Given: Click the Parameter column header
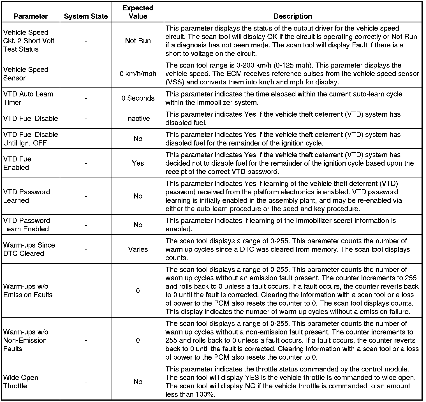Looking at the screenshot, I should tap(31, 16).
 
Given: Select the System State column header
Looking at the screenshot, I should tap(86, 16).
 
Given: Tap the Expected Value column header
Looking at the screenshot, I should tap(138, 12).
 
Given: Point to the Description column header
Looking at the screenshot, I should tap(293, 16).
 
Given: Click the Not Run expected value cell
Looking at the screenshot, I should tap(138, 41).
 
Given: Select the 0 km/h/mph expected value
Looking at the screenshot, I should tap(138, 74).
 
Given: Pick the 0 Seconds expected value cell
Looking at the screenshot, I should tap(138, 98).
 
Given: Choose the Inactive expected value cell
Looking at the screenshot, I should tap(138, 119).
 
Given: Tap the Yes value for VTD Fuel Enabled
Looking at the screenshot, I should tap(138, 163).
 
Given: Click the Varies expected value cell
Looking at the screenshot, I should tap(138, 249).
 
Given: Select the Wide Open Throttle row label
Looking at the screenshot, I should tap(21, 382).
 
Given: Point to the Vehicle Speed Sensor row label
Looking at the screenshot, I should tap(26, 74).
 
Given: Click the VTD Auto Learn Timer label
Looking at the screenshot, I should tap(28, 98).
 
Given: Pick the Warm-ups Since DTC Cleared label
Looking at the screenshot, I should tap(29, 249).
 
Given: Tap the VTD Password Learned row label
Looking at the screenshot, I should tap(27, 196).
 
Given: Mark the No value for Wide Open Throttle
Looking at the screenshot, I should tap(138, 382).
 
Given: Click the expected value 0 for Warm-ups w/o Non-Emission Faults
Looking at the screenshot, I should tap(138, 340).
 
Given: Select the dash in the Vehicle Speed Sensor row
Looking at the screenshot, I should tap(86, 74).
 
